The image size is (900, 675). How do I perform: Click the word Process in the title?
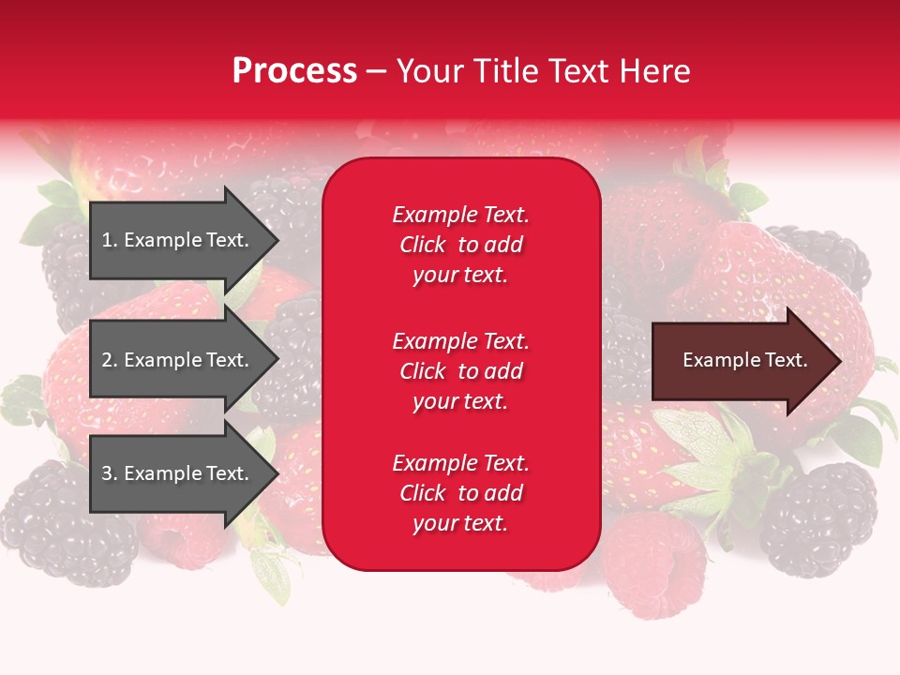[294, 71]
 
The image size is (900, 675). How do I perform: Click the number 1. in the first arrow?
[110, 240]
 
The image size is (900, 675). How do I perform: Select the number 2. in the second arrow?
[110, 360]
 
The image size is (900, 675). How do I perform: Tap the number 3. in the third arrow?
[110, 473]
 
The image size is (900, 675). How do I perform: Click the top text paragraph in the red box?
[460, 245]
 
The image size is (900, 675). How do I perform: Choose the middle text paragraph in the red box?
[460, 371]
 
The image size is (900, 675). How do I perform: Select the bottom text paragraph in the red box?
[460, 493]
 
